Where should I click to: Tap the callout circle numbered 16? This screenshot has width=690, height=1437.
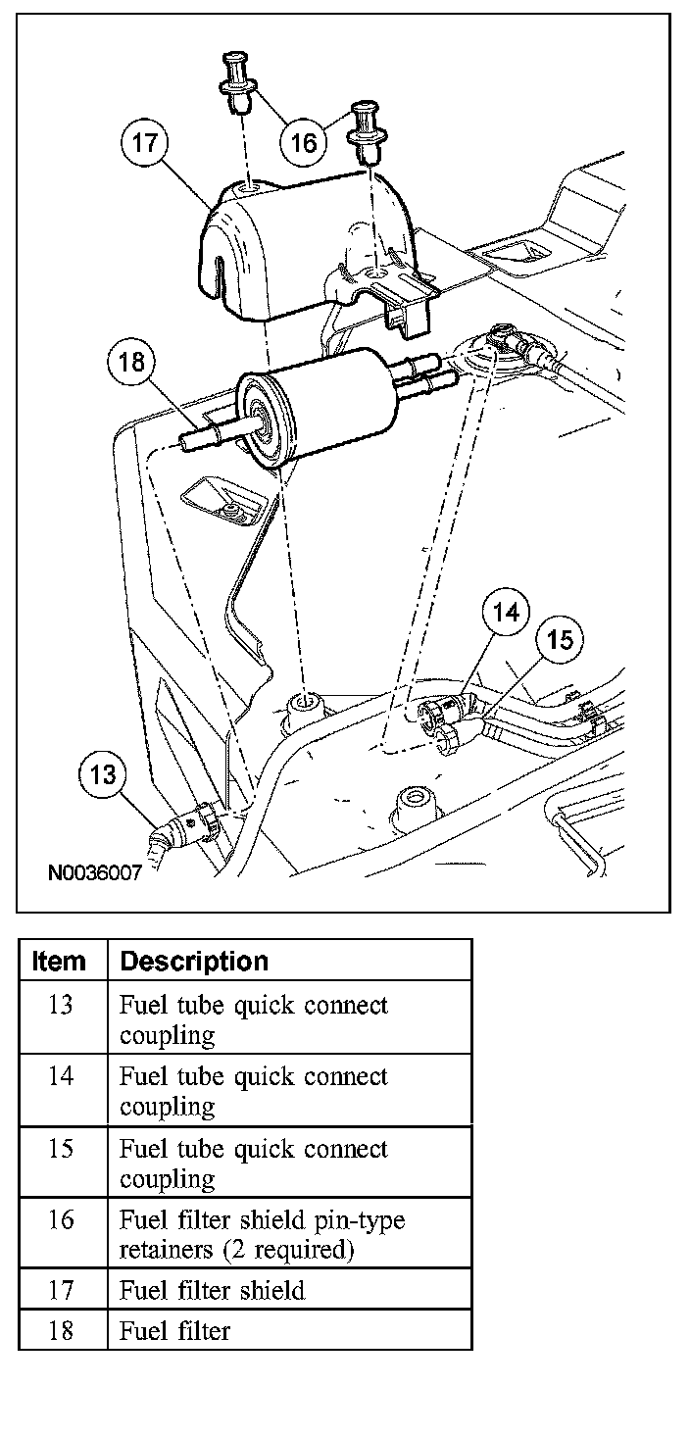click(x=304, y=143)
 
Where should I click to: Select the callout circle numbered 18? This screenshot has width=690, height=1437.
click(x=130, y=363)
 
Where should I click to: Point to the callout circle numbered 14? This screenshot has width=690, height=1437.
click(x=506, y=613)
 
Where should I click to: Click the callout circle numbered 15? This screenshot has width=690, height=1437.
click(x=560, y=640)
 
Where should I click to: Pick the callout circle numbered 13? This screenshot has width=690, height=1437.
click(x=103, y=776)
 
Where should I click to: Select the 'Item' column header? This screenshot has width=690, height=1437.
click(x=60, y=962)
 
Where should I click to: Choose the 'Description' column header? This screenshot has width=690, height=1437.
click(x=193, y=962)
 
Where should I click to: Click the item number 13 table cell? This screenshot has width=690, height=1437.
click(x=61, y=1006)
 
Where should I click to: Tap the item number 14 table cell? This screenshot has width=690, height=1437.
click(x=61, y=1077)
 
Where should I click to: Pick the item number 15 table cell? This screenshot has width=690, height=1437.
click(x=61, y=1149)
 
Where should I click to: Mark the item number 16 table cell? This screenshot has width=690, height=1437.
click(x=61, y=1220)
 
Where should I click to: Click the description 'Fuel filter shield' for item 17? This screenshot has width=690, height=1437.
click(x=212, y=1291)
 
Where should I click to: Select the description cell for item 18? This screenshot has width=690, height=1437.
click(x=174, y=1331)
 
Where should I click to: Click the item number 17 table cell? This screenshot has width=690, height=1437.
click(x=61, y=1291)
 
